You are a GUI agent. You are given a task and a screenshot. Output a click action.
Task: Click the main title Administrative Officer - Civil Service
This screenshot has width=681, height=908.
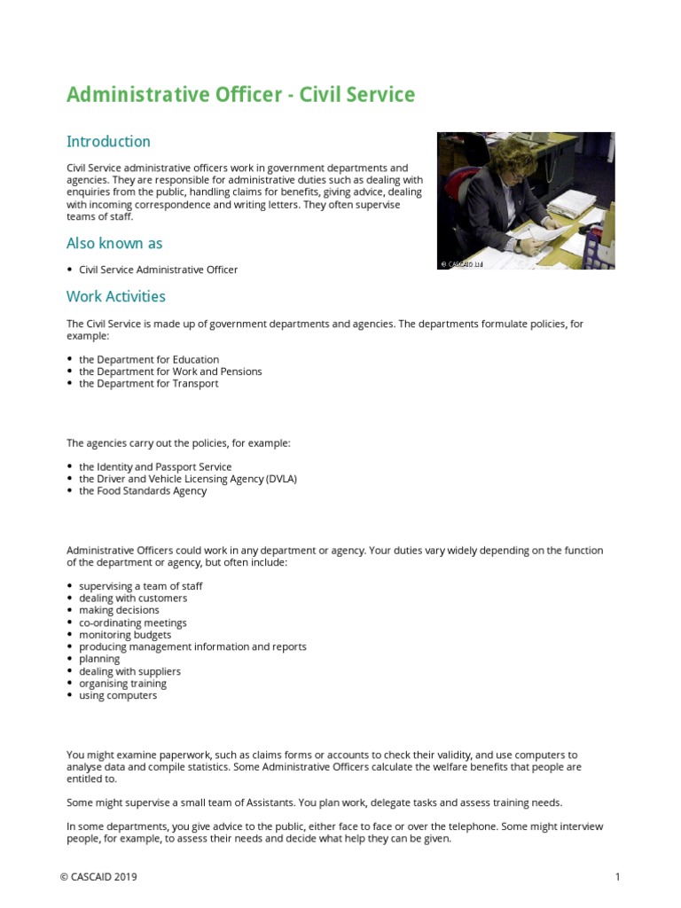click(x=240, y=94)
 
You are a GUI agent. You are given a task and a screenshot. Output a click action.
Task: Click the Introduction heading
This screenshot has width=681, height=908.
click(x=108, y=142)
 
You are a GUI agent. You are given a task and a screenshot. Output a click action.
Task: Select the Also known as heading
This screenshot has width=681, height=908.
click(x=114, y=243)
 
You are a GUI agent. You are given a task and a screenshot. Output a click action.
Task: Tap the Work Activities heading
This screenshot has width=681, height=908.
click(x=115, y=296)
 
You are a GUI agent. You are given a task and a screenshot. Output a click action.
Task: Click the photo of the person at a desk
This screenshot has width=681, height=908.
click(x=526, y=200)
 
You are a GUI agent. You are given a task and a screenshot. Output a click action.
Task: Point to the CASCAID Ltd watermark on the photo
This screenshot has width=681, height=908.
click(x=461, y=263)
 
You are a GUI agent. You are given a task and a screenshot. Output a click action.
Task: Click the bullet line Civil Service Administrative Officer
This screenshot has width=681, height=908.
click(x=158, y=270)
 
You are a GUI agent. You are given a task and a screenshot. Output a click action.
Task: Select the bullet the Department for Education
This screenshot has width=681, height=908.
click(x=148, y=359)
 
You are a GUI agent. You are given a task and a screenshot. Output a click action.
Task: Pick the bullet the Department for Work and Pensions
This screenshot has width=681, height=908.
click(x=170, y=372)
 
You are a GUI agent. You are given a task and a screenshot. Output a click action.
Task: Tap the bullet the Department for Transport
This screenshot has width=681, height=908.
click(x=148, y=384)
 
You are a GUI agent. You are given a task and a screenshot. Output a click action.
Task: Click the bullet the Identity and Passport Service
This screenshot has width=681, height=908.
click(x=155, y=466)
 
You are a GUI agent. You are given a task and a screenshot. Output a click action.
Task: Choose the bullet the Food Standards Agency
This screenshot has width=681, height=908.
click(x=143, y=491)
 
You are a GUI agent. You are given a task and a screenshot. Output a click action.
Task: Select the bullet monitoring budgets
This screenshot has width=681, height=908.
click(x=125, y=635)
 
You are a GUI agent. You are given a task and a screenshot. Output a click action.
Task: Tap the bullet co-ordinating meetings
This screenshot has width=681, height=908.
click(x=133, y=622)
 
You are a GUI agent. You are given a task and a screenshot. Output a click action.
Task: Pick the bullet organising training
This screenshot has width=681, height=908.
click(x=122, y=684)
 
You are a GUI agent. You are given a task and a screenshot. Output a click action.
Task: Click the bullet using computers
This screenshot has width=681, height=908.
click(x=118, y=696)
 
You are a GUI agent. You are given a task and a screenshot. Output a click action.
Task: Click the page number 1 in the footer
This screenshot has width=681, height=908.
click(x=617, y=877)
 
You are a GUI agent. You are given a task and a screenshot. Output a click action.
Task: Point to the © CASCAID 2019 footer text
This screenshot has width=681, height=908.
click(x=98, y=877)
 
